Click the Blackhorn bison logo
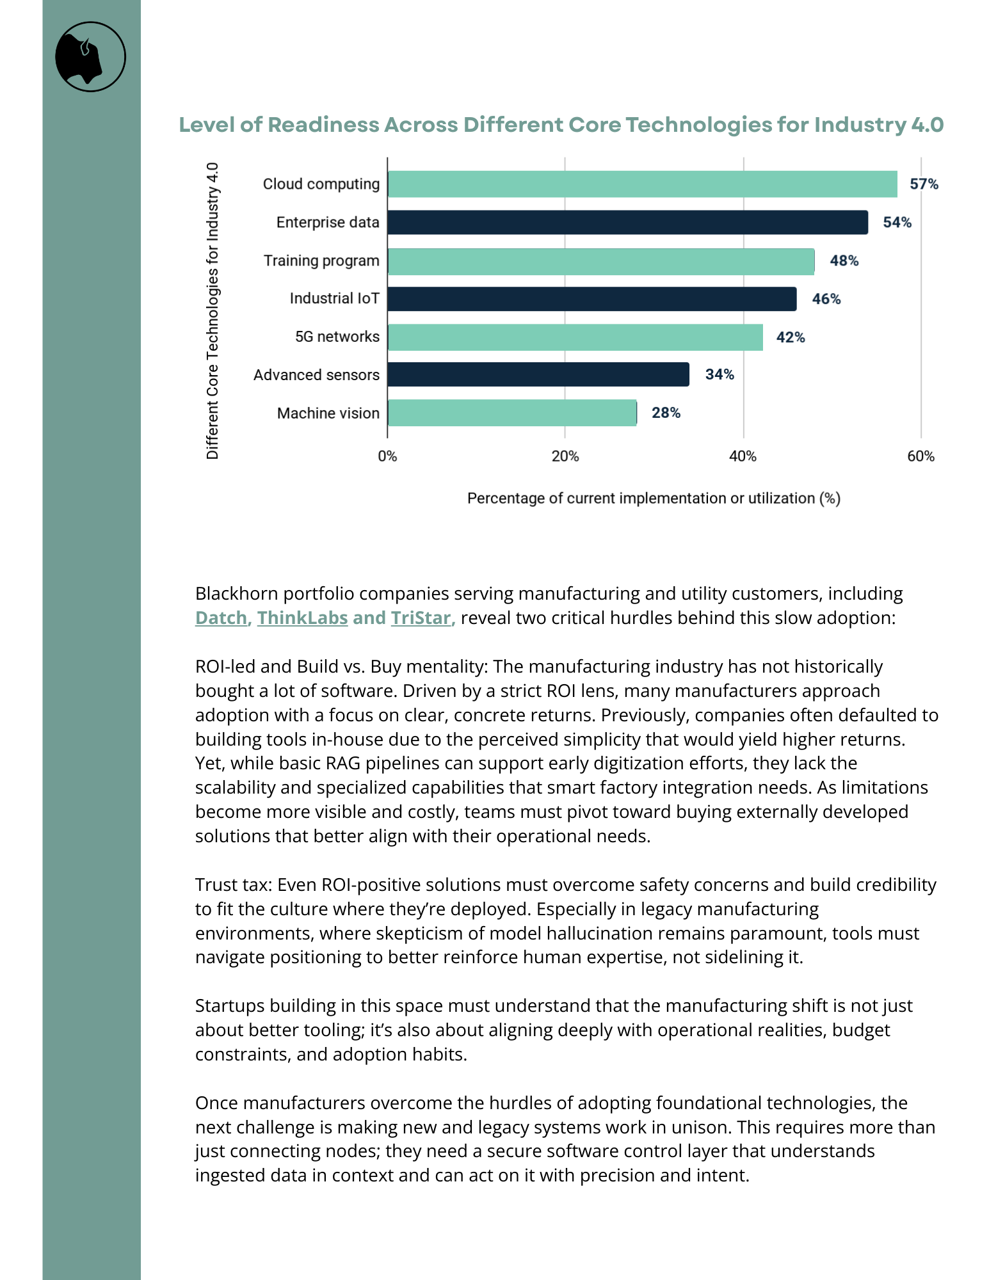(90, 57)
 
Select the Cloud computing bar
(642, 184)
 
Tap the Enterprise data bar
(627, 223)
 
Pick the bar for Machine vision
(512, 413)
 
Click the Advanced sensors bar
(538, 374)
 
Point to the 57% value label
(924, 184)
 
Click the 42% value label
(791, 337)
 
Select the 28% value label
(666, 413)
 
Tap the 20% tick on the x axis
(565, 456)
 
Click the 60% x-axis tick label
(921, 456)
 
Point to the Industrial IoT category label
(334, 299)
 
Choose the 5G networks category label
(337, 337)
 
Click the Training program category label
(321, 260)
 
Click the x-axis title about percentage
(654, 498)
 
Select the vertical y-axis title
(213, 311)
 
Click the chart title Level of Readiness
(561, 125)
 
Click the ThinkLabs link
(302, 618)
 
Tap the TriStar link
(421, 618)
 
